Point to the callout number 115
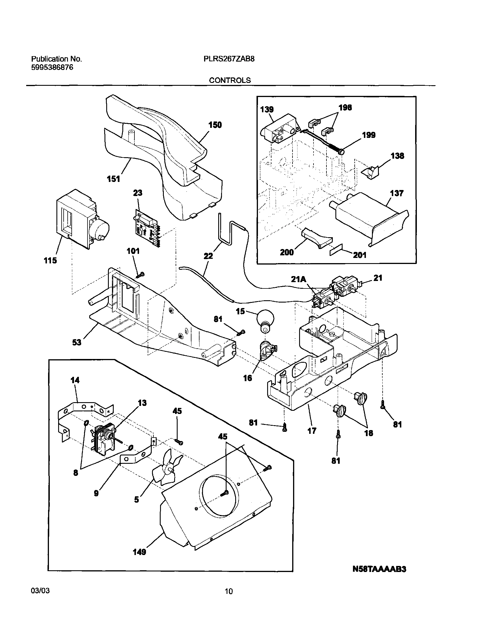[50, 261]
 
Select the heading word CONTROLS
[230, 80]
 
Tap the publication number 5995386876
[52, 67]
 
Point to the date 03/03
[40, 591]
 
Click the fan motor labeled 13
[105, 440]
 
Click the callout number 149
[139, 552]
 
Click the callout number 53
[77, 343]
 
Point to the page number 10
[229, 592]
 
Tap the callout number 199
[369, 135]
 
